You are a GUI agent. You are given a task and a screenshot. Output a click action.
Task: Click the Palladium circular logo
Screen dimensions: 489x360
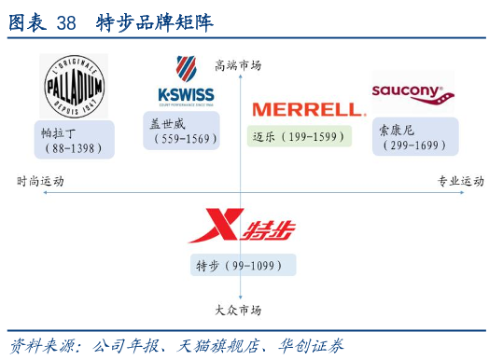[x=75, y=87]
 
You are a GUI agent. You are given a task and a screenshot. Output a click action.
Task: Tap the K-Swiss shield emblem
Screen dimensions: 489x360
[x=187, y=68]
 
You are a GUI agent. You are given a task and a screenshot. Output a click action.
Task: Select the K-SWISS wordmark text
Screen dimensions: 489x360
[x=187, y=95]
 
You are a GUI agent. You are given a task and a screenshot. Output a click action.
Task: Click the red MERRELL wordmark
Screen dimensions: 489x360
[x=309, y=110]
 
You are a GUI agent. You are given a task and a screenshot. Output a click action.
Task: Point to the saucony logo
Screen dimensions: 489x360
[x=412, y=94]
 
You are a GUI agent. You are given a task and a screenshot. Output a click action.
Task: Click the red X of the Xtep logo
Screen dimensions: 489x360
[x=217, y=226]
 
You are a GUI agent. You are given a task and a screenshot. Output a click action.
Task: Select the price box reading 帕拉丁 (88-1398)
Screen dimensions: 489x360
[x=75, y=140]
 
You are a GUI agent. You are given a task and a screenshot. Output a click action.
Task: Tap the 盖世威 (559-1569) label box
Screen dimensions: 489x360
[x=181, y=131]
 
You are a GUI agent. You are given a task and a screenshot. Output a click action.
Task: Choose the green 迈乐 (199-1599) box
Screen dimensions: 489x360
[x=300, y=136]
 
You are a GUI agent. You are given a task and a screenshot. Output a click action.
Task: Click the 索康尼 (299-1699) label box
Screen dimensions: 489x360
[x=415, y=136]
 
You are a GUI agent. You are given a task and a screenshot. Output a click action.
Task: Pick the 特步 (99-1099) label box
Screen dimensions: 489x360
[x=244, y=265]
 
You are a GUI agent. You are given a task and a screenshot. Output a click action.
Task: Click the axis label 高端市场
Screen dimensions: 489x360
[x=238, y=65]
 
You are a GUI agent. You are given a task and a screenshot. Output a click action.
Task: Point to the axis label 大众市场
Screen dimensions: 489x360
[x=238, y=311]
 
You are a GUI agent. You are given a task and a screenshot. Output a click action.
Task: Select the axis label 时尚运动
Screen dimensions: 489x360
[x=40, y=181]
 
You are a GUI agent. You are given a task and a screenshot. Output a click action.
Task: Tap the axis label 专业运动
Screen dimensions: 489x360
[x=461, y=181]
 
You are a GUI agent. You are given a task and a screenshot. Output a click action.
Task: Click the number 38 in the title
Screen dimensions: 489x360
[x=66, y=23]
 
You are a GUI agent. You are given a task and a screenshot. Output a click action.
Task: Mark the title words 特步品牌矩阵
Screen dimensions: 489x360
[x=155, y=22]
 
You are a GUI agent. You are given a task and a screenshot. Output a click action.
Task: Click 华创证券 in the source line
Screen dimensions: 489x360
[x=311, y=346]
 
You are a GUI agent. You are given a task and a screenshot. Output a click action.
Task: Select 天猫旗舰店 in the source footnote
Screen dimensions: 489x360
[x=218, y=346]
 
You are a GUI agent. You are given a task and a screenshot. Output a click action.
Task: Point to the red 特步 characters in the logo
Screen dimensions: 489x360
[x=269, y=230]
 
